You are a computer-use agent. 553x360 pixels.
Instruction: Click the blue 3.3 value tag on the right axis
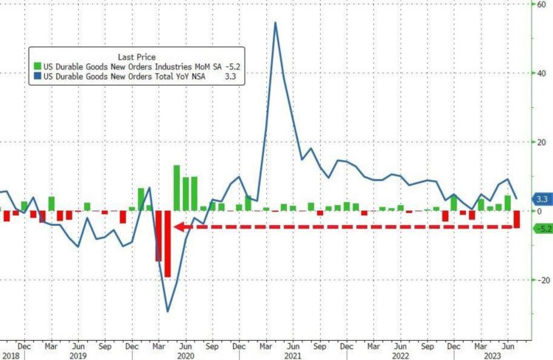coord(542,199)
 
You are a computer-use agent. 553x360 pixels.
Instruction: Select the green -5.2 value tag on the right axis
coord(542,229)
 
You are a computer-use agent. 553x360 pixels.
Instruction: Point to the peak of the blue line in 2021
coord(275,22)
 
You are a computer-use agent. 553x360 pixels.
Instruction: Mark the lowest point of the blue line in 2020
coord(168,311)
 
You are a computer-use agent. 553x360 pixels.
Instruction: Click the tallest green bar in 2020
coord(177,187)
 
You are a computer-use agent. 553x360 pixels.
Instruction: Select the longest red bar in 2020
coord(167,243)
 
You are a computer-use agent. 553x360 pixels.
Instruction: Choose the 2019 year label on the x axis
coord(78,355)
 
